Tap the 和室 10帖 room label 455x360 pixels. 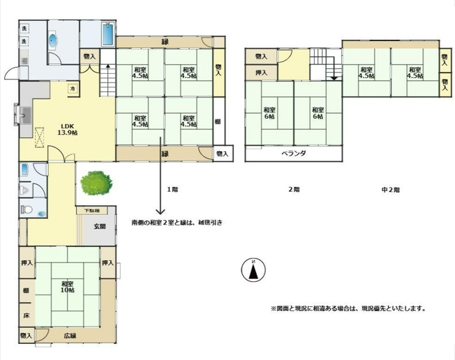click(x=68, y=287)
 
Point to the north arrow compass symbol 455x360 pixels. click(x=254, y=269)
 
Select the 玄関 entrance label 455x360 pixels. click(x=99, y=226)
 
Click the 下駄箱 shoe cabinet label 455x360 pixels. click(x=91, y=210)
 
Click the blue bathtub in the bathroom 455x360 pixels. click(x=108, y=34)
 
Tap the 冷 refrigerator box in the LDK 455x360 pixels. click(x=73, y=89)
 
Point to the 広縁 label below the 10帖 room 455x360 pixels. click(x=70, y=336)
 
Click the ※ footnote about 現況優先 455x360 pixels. click(x=348, y=308)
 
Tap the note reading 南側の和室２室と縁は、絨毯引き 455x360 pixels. click(x=177, y=223)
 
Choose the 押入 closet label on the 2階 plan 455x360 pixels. click(x=261, y=72)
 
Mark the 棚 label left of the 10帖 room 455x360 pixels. click(x=25, y=290)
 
